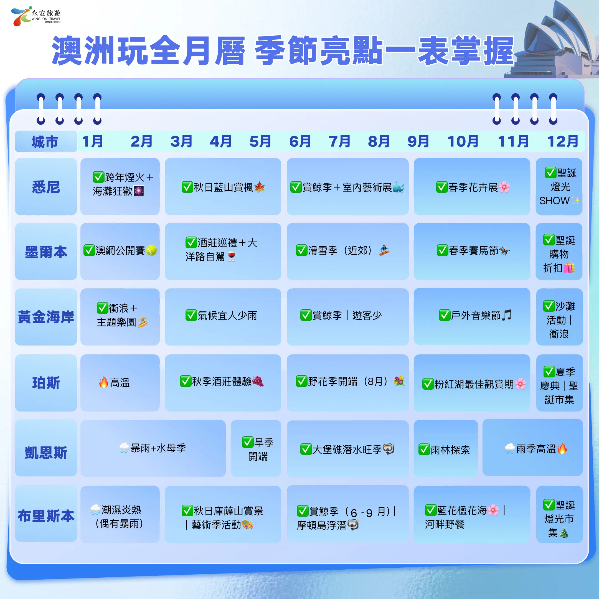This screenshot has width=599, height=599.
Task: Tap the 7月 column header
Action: (x=339, y=142)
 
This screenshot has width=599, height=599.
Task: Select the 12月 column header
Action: (x=562, y=142)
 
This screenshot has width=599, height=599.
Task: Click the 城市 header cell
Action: (x=46, y=142)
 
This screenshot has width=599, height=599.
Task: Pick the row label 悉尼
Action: (x=46, y=187)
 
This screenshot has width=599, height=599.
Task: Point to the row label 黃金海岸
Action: (x=46, y=317)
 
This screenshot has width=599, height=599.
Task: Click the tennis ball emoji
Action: (x=151, y=250)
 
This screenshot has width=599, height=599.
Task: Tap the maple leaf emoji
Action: (x=260, y=187)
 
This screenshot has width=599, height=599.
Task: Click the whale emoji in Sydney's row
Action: (x=398, y=187)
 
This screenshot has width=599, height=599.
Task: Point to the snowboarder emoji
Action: (x=384, y=250)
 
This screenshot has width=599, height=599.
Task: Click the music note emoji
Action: (x=506, y=315)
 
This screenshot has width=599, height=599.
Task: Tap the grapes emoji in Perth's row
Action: (x=258, y=381)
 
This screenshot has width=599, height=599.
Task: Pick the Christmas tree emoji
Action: (x=564, y=533)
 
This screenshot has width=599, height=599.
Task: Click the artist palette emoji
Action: (x=247, y=525)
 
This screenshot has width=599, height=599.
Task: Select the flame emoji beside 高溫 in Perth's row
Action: (x=103, y=382)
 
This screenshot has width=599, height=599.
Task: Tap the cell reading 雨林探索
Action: (x=446, y=448)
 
